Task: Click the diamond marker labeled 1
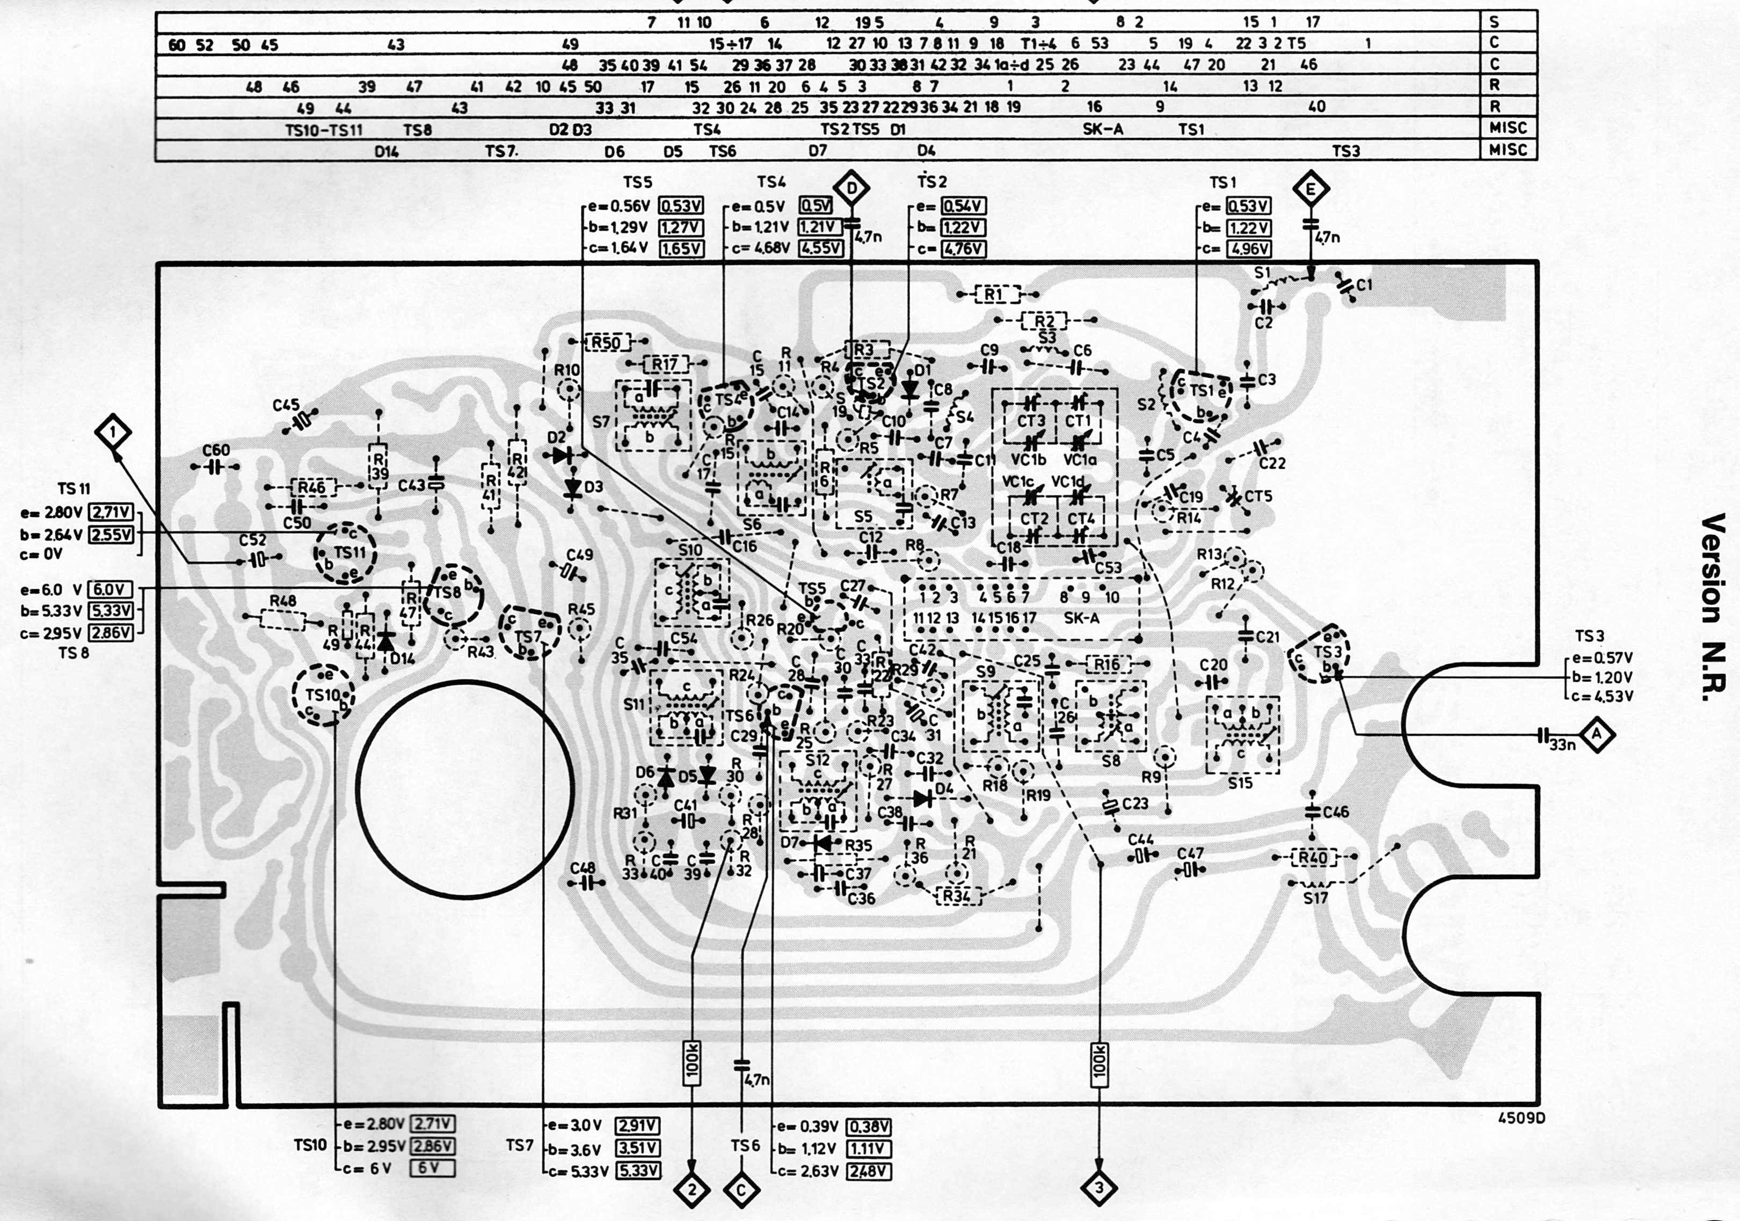(x=113, y=433)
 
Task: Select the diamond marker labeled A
(x=1597, y=734)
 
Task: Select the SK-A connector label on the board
(x=1081, y=618)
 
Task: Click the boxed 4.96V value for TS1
(x=1248, y=248)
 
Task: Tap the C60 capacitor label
(x=216, y=451)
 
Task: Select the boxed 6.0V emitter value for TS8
(x=111, y=590)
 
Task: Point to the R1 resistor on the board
(x=993, y=294)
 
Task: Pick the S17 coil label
(x=1316, y=899)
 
